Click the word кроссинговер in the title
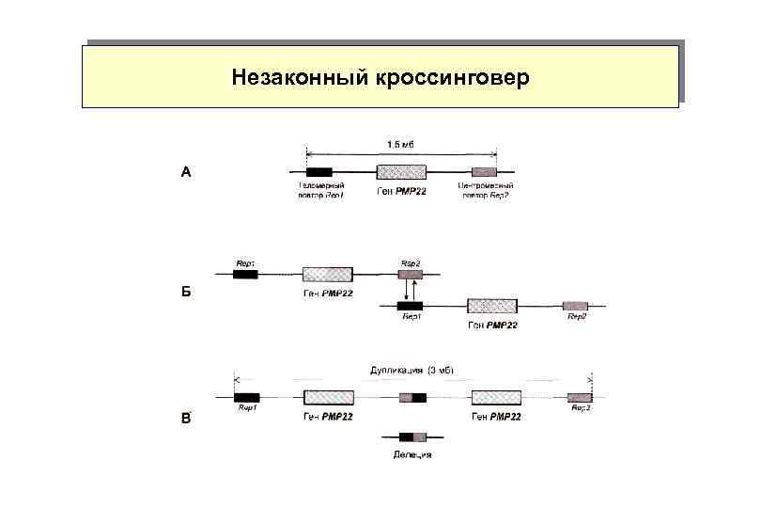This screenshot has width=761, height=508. tap(454, 76)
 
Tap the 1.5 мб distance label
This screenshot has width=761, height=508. tap(401, 143)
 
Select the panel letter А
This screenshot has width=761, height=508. tap(186, 172)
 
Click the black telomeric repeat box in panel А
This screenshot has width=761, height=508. tap(318, 172)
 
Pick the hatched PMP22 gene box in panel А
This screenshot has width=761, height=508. tap(400, 172)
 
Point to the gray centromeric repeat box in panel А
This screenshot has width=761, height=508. tap(484, 172)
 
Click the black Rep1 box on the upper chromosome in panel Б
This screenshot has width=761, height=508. tap(246, 274)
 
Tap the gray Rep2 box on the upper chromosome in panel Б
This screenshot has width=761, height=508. tap(411, 274)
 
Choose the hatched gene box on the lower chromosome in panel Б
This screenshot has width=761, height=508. tap(492, 306)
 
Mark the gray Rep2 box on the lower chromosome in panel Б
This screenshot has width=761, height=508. tap(575, 306)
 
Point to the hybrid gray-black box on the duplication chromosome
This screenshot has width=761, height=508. tap(412, 398)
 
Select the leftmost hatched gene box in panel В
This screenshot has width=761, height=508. tap(329, 398)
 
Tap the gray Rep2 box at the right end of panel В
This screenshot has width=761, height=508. tap(580, 398)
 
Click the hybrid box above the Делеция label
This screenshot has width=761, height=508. tap(412, 437)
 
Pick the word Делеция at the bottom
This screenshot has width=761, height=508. tap(412, 455)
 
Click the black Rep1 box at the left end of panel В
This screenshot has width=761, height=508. tap(247, 398)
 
